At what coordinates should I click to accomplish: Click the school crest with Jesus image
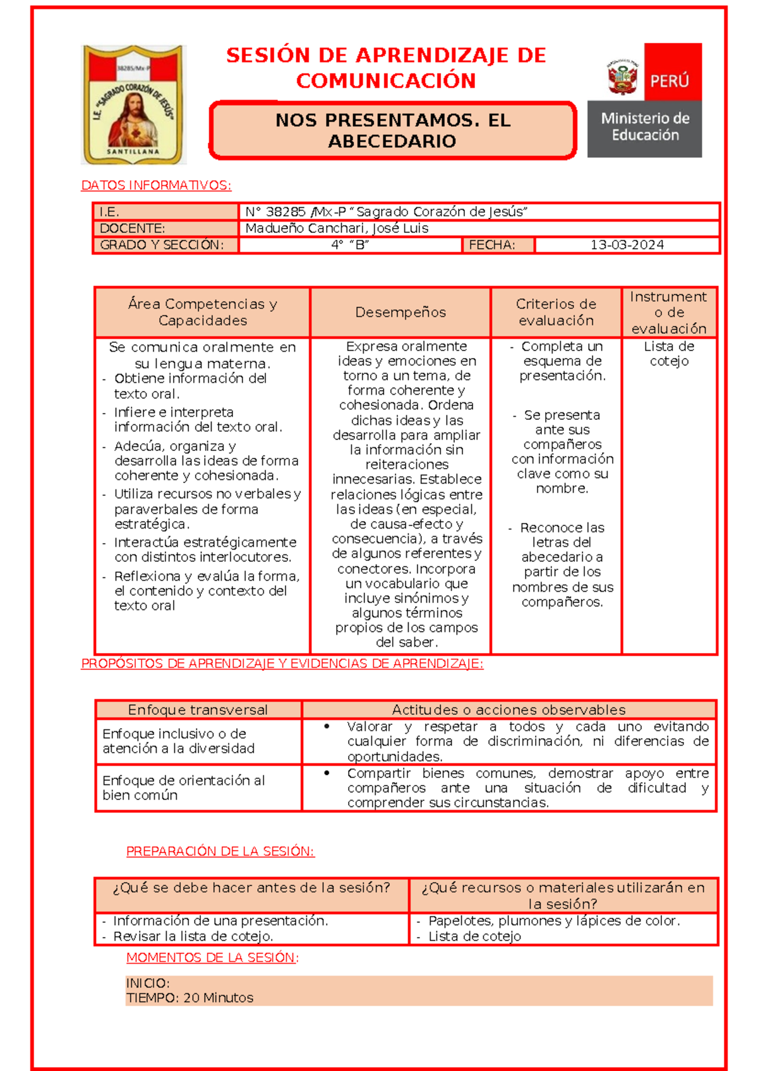click(133, 105)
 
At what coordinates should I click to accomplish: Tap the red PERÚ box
click(672, 71)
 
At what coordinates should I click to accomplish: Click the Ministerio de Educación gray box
click(644, 129)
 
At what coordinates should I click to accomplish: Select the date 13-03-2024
click(627, 245)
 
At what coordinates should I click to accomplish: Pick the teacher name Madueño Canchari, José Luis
click(337, 229)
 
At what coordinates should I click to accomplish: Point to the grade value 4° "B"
click(350, 245)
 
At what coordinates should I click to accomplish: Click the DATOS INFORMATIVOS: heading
click(156, 186)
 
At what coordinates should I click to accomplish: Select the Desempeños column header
click(400, 313)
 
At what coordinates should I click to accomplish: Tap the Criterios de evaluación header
click(556, 313)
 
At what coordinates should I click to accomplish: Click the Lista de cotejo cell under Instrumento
click(669, 354)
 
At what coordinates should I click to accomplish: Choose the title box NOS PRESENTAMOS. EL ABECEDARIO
click(392, 131)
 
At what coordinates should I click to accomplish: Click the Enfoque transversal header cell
click(198, 710)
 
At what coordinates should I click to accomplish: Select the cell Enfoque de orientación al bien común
click(184, 787)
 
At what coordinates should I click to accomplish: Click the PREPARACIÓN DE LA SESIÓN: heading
click(220, 851)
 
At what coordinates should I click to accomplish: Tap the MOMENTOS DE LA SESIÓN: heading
click(212, 957)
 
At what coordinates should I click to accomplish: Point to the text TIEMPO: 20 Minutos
click(189, 998)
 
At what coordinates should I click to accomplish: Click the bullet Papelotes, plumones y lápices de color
click(553, 921)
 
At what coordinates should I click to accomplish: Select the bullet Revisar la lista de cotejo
click(193, 936)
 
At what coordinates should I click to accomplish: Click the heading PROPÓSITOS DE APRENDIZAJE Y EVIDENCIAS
click(282, 664)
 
